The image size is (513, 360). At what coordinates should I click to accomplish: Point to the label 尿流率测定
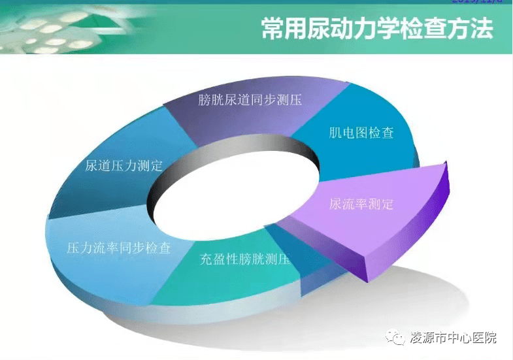point(361,204)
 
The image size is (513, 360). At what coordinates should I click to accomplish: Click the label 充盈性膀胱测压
point(244,259)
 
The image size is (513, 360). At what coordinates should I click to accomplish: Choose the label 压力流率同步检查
point(119,248)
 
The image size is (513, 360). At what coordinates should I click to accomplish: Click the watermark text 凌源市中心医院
point(453,338)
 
